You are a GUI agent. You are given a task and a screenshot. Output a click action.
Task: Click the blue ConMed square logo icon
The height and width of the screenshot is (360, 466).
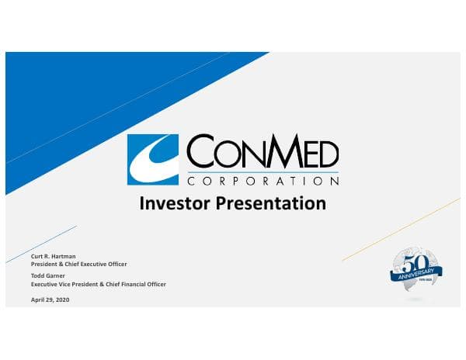[153, 160]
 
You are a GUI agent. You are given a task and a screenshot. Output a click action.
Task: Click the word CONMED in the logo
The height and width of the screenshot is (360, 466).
[263, 151]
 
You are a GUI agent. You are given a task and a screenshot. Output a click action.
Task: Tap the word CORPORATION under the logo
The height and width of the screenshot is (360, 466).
[263, 181]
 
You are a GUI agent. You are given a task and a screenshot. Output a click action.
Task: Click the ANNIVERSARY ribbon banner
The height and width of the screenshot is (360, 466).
[416, 272]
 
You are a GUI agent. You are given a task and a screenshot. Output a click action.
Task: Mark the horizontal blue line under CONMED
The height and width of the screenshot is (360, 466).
[263, 171]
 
